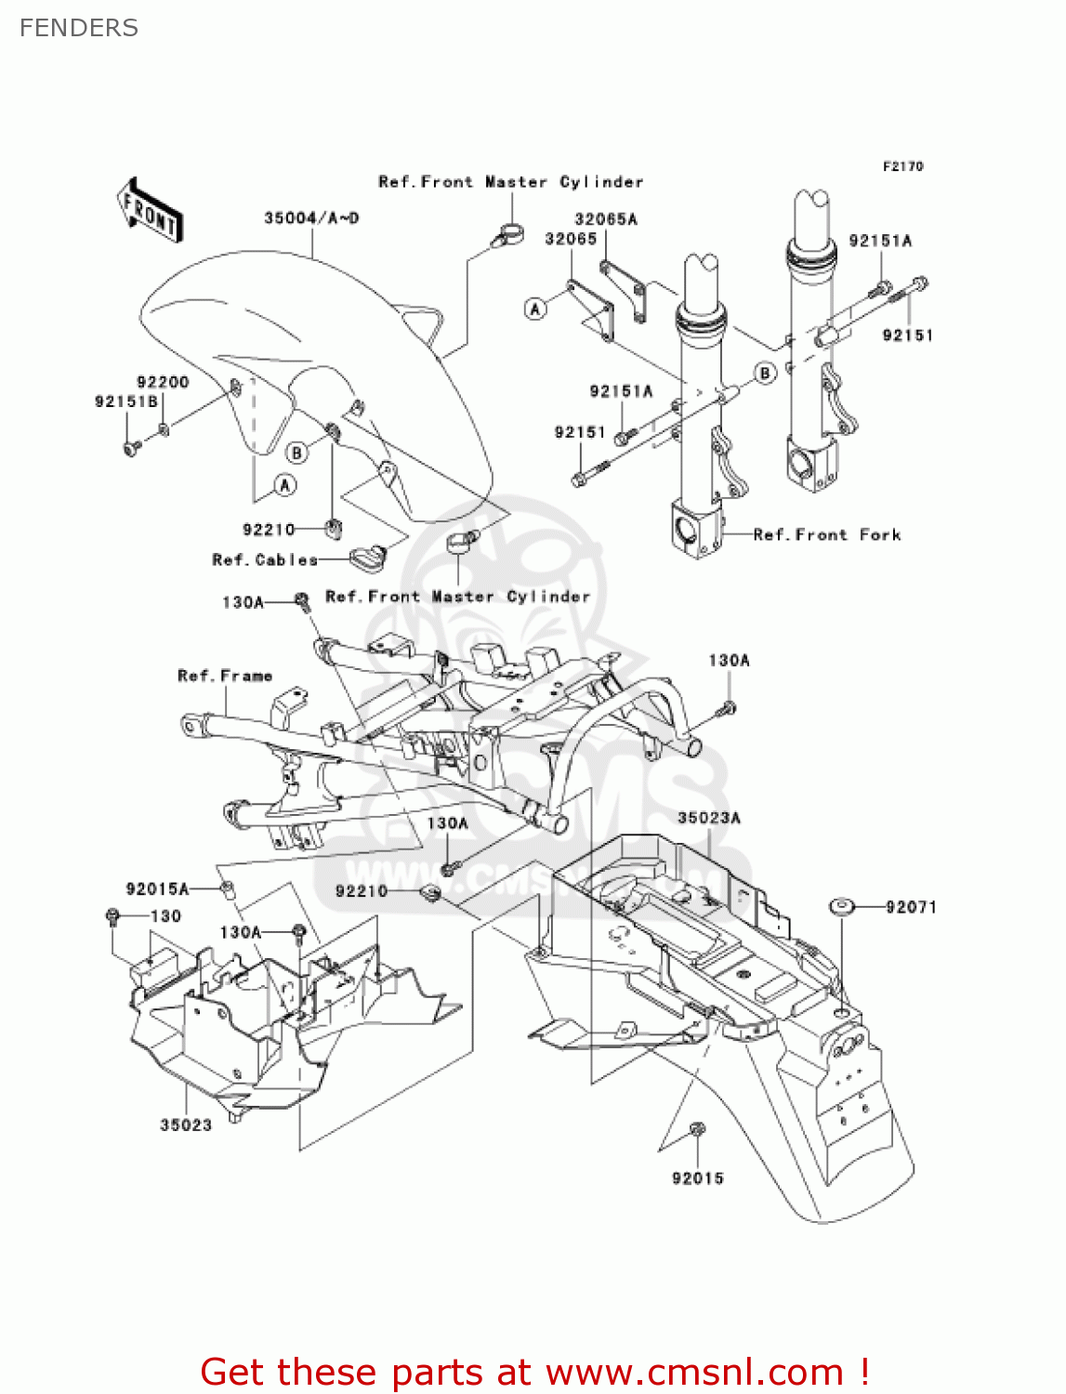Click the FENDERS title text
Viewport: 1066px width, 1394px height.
[x=79, y=28]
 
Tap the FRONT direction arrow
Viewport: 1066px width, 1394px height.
[x=149, y=211]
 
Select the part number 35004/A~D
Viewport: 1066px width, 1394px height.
[x=311, y=218]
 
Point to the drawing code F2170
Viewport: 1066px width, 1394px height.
[x=902, y=166]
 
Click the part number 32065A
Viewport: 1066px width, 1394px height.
[x=606, y=219]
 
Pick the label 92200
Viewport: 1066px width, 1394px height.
[x=163, y=382]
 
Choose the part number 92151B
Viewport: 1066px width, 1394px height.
[x=125, y=401]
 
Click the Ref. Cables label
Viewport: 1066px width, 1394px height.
[x=265, y=559]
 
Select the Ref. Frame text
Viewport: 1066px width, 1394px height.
[x=225, y=676]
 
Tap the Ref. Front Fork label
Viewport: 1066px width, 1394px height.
[x=827, y=534]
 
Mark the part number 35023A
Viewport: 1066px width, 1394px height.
[x=709, y=818]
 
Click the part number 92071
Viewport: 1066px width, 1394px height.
[x=911, y=907]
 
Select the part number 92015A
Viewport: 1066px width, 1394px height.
[x=157, y=889]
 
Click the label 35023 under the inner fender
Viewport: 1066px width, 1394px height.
[x=186, y=1124]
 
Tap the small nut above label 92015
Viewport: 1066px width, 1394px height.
[x=698, y=1129]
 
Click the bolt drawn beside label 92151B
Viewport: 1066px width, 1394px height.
[x=131, y=448]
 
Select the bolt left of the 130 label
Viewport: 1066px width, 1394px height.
[x=112, y=916]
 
